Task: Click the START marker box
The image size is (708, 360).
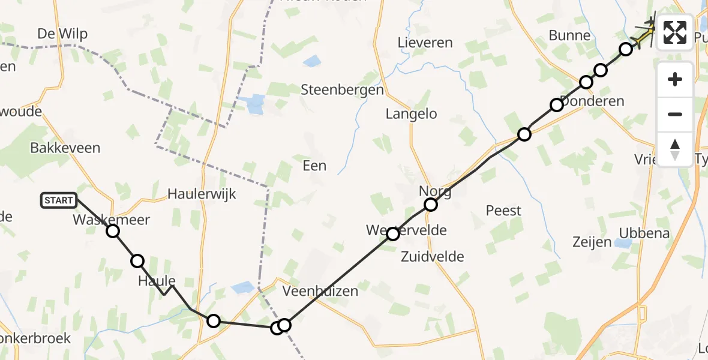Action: pyautogui.click(x=59, y=200)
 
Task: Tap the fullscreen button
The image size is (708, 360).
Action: pyautogui.click(x=675, y=32)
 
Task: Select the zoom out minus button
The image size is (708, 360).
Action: pyautogui.click(x=675, y=114)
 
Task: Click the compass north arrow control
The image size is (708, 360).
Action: pyautogui.click(x=675, y=149)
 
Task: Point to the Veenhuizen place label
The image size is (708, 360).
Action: pyautogui.click(x=320, y=292)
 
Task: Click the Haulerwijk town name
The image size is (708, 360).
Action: pyautogui.click(x=202, y=194)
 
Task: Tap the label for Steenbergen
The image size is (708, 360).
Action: pyautogui.click(x=342, y=90)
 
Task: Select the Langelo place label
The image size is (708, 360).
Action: pyautogui.click(x=411, y=113)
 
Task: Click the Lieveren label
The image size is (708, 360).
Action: pyautogui.click(x=425, y=43)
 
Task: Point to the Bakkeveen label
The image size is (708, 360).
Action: pyautogui.click(x=65, y=148)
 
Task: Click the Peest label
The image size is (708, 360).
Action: pyautogui.click(x=503, y=211)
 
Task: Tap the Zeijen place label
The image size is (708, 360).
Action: pyautogui.click(x=592, y=242)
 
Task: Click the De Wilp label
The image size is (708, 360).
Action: pyautogui.click(x=62, y=34)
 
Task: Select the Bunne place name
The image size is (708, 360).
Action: pyautogui.click(x=569, y=35)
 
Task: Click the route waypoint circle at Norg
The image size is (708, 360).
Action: pyautogui.click(x=431, y=205)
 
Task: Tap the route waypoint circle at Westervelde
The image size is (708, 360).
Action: pyautogui.click(x=392, y=234)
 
